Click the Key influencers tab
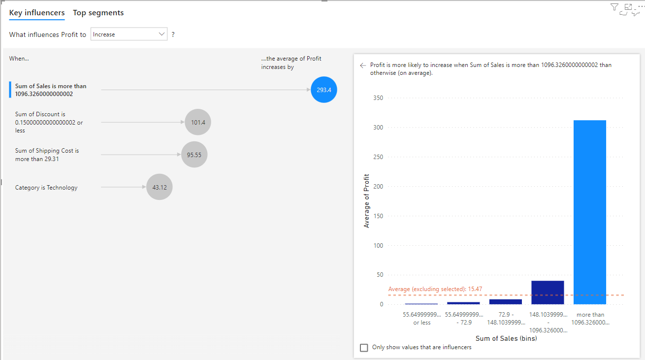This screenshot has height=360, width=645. click(37, 13)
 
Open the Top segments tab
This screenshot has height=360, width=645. click(98, 13)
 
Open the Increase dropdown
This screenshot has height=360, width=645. click(129, 34)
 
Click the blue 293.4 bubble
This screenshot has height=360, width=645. click(324, 90)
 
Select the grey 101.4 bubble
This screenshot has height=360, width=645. click(198, 122)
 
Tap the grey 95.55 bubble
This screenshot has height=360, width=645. click(194, 155)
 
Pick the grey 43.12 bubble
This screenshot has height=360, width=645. click(160, 187)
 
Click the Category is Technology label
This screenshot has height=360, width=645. click(46, 188)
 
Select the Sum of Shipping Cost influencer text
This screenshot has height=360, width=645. click(47, 155)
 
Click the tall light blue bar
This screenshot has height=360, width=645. click(590, 212)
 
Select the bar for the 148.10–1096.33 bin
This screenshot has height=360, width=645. click(548, 293)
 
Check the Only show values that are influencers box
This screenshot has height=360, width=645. click(364, 348)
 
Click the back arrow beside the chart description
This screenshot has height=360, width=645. click(363, 65)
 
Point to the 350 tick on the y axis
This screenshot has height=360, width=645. click(378, 98)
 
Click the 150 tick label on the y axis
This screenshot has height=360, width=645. click(378, 216)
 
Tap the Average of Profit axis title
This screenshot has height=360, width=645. click(366, 201)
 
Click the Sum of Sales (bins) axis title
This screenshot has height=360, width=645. click(506, 338)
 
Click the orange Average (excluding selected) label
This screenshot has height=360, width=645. click(435, 289)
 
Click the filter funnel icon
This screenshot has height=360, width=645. click(614, 7)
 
